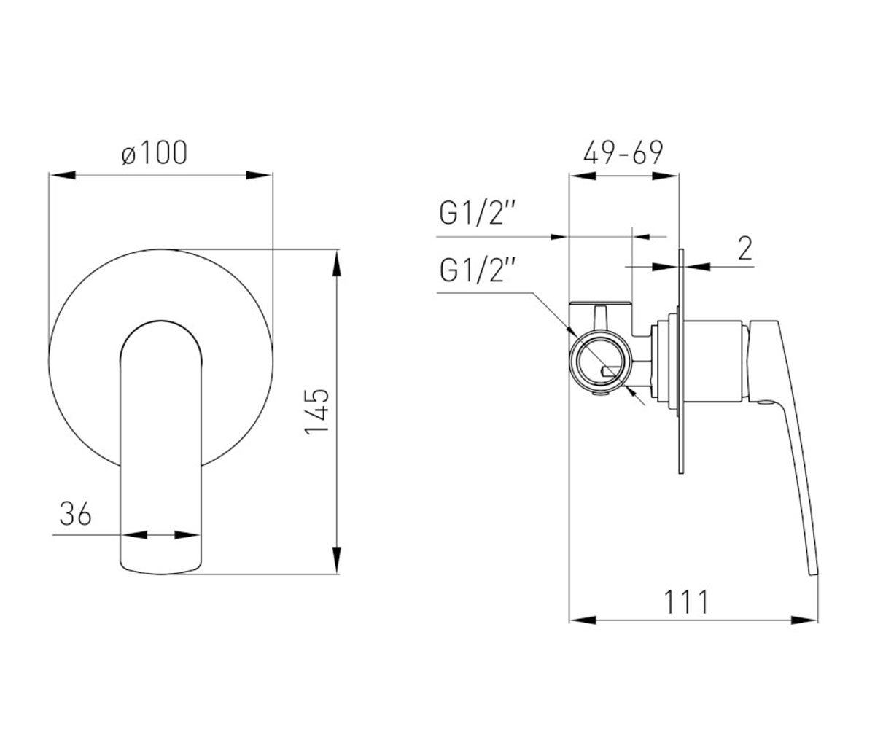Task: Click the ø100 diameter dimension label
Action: tap(154, 152)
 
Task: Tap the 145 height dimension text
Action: tap(317, 412)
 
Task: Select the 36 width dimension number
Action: tap(75, 514)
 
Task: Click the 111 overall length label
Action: tap(686, 602)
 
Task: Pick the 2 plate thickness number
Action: tap(745, 249)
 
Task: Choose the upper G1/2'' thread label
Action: tap(478, 214)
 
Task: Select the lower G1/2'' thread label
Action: tap(478, 270)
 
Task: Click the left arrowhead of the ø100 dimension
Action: tap(63, 175)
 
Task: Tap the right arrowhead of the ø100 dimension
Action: tap(260, 175)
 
